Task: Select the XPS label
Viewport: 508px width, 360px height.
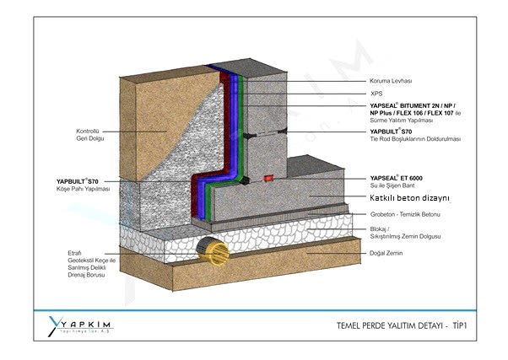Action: click(x=376, y=94)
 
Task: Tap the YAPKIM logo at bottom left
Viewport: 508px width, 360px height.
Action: click(x=81, y=326)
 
